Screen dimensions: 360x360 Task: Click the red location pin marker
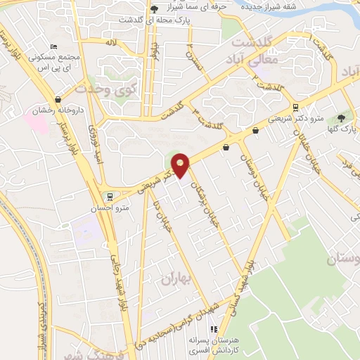tap(181, 165)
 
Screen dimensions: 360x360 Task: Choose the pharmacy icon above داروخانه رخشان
tap(57, 99)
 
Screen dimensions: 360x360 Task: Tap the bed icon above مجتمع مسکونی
tap(64, 46)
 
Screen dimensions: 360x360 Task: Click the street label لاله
tap(110, 43)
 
